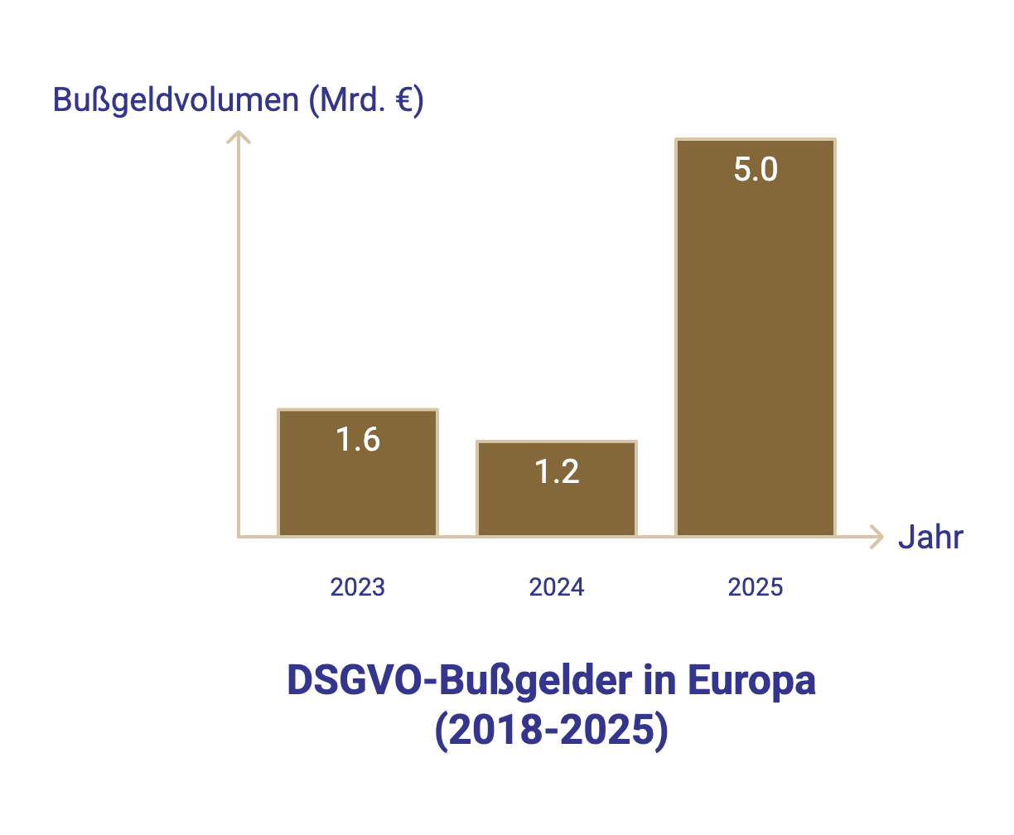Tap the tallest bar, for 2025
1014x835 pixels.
click(x=756, y=348)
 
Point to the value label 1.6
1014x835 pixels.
click(x=358, y=440)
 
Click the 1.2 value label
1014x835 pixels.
click(x=557, y=472)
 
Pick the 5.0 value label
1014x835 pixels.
click(x=756, y=170)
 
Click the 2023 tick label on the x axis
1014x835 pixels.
click(x=358, y=587)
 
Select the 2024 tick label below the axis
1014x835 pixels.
click(x=557, y=587)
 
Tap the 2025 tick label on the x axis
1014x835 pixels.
click(x=756, y=587)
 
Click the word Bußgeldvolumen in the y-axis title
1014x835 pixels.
click(x=176, y=100)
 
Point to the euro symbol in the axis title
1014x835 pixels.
click(x=403, y=100)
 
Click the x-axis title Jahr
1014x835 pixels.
click(x=930, y=538)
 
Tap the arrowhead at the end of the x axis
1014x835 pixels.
click(x=878, y=537)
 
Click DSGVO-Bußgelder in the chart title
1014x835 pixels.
click(x=459, y=681)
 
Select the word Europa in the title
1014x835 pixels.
click(x=751, y=681)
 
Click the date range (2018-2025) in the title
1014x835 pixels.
click(x=551, y=732)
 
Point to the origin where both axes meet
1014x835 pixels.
click(x=239, y=537)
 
